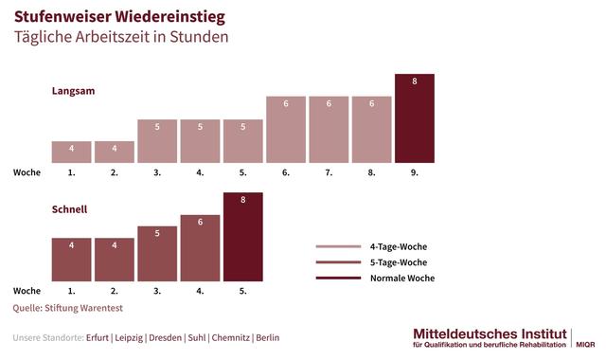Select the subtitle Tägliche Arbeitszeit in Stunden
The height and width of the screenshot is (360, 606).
120,38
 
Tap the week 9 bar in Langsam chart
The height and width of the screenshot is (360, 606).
414,118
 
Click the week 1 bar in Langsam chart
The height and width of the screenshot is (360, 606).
71,152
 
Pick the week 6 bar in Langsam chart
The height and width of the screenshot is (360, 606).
286,130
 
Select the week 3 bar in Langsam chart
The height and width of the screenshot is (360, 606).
157,141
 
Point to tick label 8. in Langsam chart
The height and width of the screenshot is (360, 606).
371,173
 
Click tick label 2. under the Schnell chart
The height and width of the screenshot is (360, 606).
115,291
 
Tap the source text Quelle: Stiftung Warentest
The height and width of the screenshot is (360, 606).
68,308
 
